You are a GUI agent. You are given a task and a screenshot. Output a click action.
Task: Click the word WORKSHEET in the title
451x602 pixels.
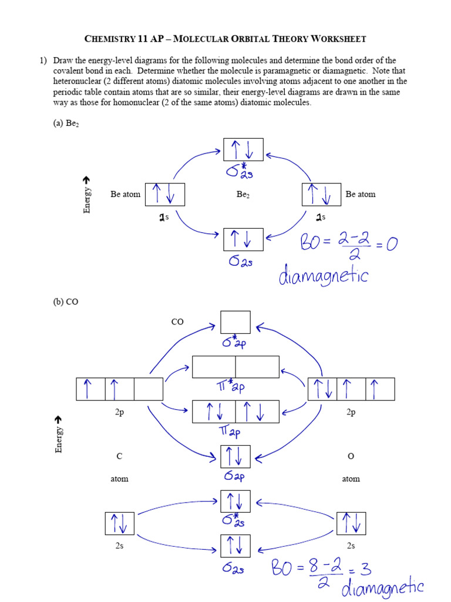pos(336,39)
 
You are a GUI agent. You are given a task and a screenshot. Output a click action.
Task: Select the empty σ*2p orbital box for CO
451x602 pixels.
pos(235,322)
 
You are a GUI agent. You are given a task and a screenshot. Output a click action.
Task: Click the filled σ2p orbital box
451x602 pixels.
pos(235,456)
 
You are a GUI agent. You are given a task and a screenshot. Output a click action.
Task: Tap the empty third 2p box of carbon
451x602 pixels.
pos(148,389)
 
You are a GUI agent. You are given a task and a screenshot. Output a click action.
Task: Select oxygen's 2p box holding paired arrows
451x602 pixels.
pos(322,389)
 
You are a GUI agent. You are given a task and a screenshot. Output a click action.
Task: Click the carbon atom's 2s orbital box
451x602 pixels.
pos(119,523)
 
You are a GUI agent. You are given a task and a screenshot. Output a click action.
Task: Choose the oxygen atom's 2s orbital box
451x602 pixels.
pos(351,523)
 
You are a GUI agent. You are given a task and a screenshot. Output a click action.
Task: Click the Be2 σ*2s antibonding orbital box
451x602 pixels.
pos(243,149)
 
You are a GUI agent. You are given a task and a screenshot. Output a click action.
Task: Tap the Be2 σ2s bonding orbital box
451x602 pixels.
pos(243,239)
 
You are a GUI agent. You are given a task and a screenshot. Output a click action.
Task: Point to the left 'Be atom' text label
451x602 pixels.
pos(125,195)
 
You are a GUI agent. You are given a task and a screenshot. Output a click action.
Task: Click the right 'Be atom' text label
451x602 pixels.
pos(361,195)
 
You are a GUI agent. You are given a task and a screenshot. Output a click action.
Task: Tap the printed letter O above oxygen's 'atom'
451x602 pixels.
pos(351,456)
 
